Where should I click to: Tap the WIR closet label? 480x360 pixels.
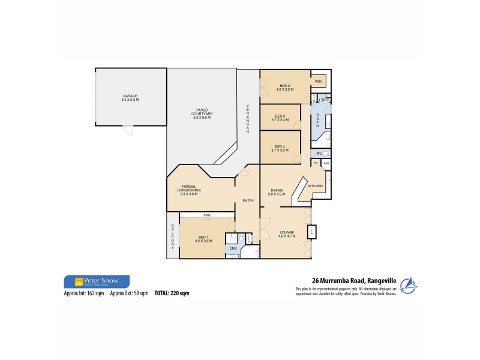point(319,82)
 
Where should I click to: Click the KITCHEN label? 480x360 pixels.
point(316,187)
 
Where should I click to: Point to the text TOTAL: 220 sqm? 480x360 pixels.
point(172,293)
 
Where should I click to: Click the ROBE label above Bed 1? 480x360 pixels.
point(206,214)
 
